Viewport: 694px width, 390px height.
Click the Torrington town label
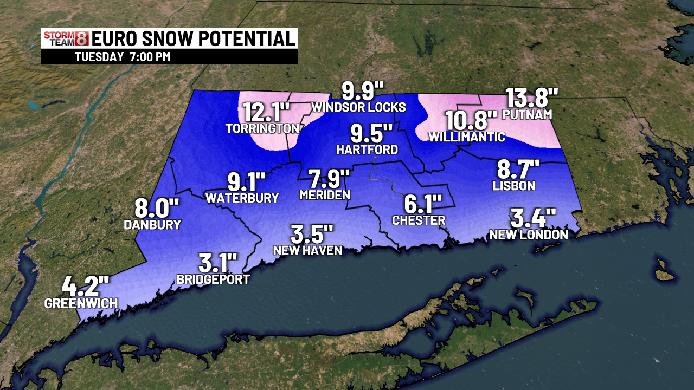pos(262,128)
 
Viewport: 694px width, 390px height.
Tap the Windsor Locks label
pos(358,107)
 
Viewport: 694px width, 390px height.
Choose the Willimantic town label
pos(467,137)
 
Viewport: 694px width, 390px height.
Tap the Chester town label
pos(419,220)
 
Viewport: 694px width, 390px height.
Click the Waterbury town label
pos(242,198)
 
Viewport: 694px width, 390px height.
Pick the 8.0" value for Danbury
pos(157,208)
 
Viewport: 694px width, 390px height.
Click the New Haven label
pos(307,250)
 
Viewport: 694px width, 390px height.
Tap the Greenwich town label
pos(81,303)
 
